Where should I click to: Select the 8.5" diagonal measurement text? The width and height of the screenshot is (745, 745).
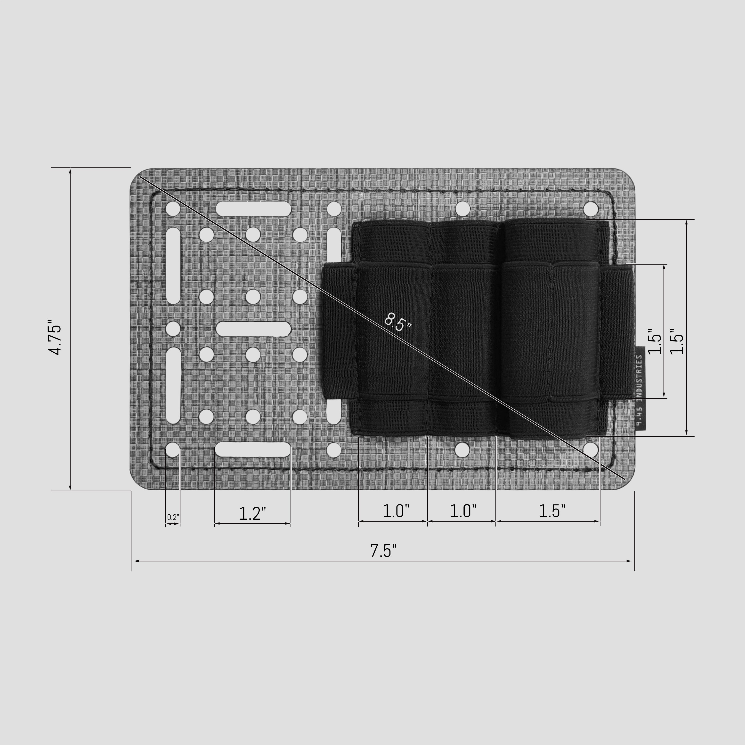pos(398,322)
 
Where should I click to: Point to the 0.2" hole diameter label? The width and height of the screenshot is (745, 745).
pos(173,517)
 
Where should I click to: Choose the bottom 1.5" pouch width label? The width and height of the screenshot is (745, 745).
pos(551,511)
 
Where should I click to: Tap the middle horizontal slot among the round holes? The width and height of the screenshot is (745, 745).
pos(253,329)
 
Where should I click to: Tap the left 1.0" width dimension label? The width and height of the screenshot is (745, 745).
pos(396,511)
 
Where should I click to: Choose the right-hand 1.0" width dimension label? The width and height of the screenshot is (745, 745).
pos(463,511)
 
